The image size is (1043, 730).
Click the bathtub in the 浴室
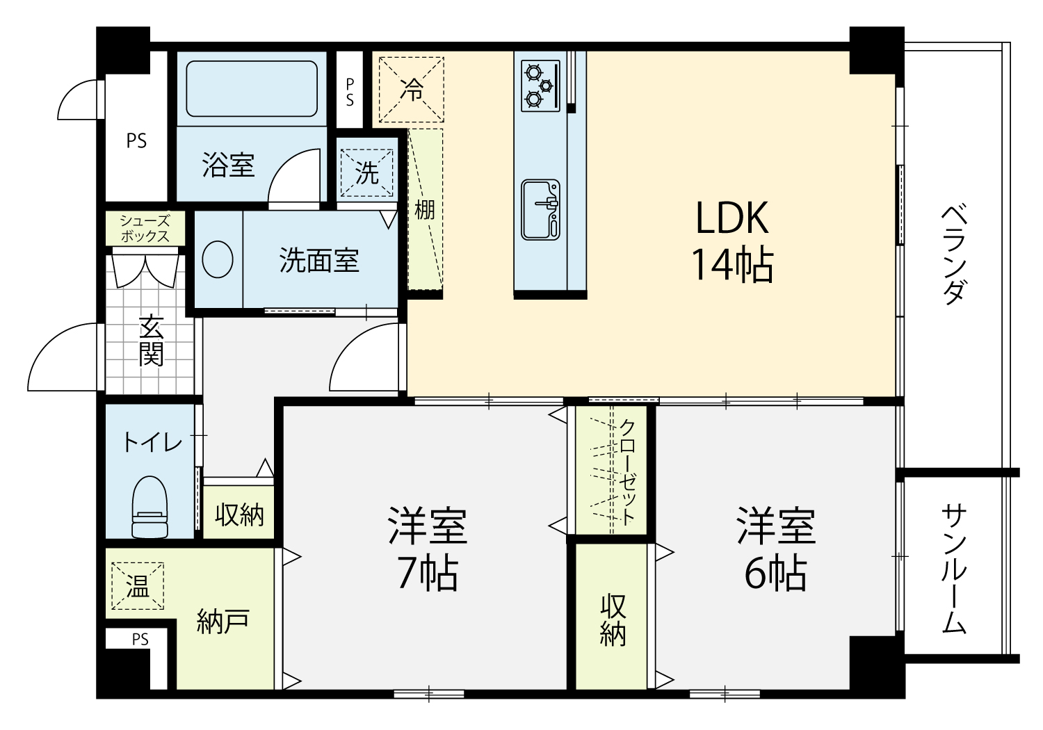click(252, 88)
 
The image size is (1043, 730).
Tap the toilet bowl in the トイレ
click(150, 507)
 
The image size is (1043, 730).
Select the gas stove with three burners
click(540, 86)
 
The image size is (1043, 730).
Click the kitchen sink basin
click(540, 209)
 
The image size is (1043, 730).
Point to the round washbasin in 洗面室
click(218, 259)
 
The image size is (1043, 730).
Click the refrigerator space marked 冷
click(411, 90)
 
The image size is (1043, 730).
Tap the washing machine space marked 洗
click(367, 172)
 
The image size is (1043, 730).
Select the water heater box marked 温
click(138, 585)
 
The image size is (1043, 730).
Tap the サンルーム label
click(954, 570)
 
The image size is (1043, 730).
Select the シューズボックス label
click(145, 228)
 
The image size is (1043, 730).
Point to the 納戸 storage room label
click(223, 621)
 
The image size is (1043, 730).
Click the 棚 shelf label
click(425, 210)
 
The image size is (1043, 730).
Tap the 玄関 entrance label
click(152, 341)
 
